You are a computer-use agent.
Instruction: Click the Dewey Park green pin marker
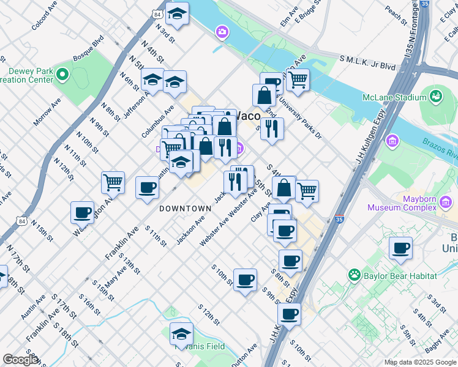(x=62, y=75)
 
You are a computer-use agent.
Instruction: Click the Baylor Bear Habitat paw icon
(x=355, y=275)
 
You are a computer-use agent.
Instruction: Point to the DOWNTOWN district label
(x=185, y=209)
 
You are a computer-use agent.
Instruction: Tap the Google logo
(x=20, y=360)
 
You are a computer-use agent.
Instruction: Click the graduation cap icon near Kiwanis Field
(x=181, y=334)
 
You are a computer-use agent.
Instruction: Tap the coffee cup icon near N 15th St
(x=82, y=213)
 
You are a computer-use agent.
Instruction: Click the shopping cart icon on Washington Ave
(x=113, y=182)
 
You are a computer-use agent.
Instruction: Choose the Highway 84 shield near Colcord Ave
(x=158, y=13)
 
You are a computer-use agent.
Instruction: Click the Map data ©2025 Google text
(x=419, y=361)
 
